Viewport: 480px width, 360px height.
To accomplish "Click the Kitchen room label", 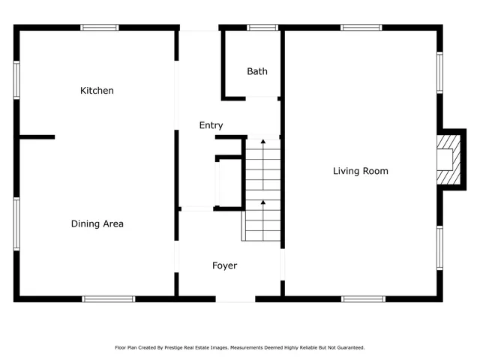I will (97, 91).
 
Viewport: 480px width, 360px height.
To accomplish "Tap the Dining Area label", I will (97, 223).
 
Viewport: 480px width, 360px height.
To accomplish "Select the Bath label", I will (257, 72).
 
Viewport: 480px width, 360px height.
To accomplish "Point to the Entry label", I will (211, 125).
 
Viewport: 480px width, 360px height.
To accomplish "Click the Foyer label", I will (224, 265).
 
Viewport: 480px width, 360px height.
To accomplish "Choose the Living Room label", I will (361, 171).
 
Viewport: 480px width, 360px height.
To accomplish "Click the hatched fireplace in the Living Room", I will (447, 158).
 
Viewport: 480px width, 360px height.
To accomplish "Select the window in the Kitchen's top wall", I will (100, 28).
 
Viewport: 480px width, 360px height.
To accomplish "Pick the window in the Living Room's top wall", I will (361, 28).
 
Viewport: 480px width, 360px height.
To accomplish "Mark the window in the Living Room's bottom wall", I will (364, 298).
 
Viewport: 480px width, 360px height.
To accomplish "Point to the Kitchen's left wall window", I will (16, 80).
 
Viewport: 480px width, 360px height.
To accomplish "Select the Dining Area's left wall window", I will (16, 223).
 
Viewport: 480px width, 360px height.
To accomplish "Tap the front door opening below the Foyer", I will (235, 299).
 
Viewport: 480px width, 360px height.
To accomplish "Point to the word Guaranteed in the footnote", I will (350, 348).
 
